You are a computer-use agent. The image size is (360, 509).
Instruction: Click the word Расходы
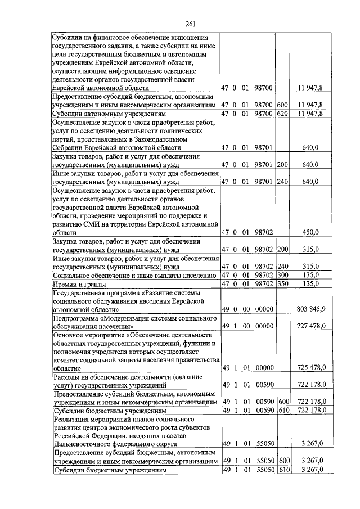[68, 376]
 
